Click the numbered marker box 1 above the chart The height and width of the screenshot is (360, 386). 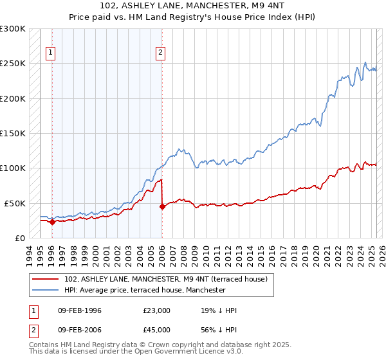tap(51, 54)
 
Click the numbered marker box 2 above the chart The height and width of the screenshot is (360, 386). tap(160, 54)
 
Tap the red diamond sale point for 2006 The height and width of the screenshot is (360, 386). tap(161, 206)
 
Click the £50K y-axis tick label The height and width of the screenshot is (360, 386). tap(15, 203)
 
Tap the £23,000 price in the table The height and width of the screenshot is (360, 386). tap(157, 310)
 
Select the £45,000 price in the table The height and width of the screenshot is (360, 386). tap(157, 330)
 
